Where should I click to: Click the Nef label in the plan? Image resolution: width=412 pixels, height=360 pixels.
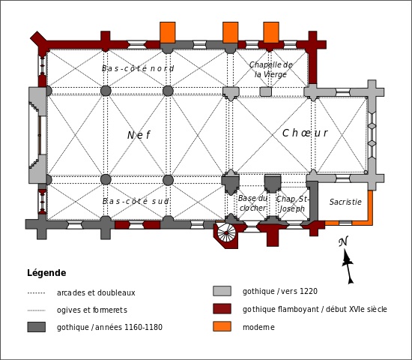(139, 135)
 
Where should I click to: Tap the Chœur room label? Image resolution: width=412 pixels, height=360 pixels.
(305, 133)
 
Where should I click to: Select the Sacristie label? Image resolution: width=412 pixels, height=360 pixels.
(345, 202)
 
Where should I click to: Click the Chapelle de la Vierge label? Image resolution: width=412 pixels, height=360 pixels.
(270, 70)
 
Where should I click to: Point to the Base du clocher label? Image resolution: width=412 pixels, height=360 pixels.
(252, 203)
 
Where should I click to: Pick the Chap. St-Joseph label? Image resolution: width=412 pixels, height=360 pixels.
(292, 204)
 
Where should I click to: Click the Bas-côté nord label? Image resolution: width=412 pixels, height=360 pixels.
(138, 68)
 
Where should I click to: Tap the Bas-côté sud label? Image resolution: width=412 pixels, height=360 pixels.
(136, 201)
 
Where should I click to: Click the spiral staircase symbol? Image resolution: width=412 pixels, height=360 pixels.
(226, 233)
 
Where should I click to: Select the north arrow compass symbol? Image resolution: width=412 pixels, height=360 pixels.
(348, 260)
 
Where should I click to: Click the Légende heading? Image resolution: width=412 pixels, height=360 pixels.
(46, 273)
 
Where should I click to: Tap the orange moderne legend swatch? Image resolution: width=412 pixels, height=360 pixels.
(222, 326)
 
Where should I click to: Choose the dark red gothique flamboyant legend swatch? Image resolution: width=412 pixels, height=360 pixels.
(222, 309)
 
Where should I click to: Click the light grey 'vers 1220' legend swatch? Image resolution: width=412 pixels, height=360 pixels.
(222, 291)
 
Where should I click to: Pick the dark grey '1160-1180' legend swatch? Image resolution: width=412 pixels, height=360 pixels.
(36, 327)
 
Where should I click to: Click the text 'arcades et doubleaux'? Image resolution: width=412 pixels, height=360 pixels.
(96, 292)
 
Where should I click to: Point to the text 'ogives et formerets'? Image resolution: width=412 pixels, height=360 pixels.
(92, 310)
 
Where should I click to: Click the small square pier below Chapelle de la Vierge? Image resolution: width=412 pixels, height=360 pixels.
(265, 91)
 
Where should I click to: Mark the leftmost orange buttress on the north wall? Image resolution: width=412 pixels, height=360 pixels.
(168, 32)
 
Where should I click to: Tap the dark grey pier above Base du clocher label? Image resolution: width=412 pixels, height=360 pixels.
(273, 184)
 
